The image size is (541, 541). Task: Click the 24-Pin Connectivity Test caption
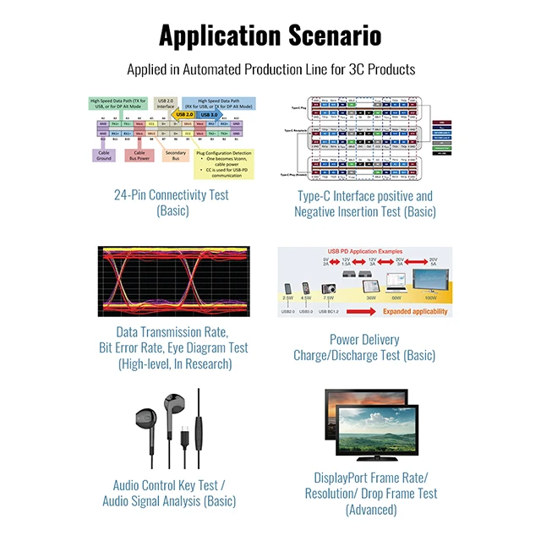[172, 195]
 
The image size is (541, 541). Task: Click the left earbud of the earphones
[145, 420]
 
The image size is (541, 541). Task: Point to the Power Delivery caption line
[363, 340]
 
